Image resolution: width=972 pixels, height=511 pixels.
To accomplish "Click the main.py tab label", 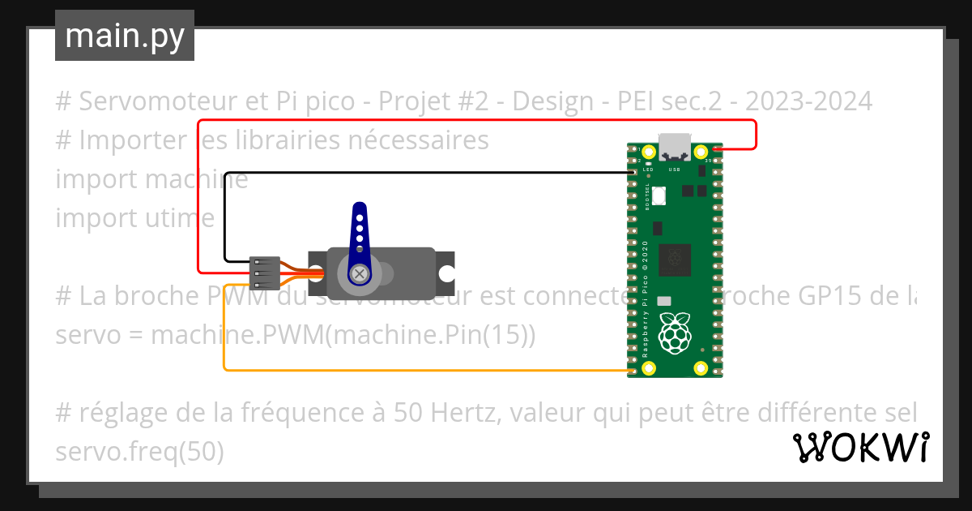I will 124,36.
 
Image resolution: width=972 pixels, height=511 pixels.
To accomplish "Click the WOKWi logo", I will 860,447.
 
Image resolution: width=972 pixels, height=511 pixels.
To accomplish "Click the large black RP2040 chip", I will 674,260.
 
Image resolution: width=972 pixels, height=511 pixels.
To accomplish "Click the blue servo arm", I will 357,235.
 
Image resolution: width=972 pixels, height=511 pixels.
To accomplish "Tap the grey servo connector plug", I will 265,274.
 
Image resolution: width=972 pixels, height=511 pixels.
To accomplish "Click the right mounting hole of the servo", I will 445,274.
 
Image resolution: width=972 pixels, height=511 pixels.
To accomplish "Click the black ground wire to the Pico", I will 421,172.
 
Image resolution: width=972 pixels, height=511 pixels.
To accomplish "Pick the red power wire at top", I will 478,121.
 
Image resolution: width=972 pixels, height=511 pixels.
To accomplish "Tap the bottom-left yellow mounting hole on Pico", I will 649,369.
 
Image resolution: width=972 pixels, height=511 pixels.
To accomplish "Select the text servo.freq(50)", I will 139,452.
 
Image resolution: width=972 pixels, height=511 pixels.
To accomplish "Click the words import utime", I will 134,218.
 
